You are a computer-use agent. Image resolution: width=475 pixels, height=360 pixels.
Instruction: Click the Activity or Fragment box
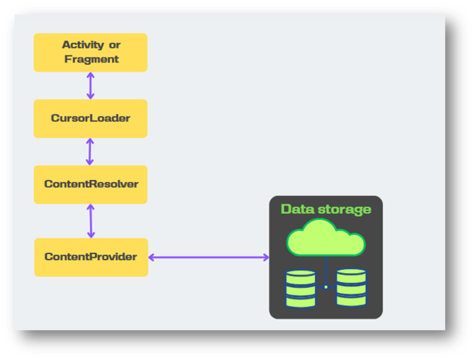click(90, 52)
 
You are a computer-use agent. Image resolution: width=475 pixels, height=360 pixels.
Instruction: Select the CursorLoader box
click(90, 118)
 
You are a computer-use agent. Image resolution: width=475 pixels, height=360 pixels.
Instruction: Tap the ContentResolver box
click(90, 184)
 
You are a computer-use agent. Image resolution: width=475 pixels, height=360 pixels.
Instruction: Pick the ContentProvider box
click(91, 257)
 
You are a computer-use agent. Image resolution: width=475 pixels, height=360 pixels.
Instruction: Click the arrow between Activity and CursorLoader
click(90, 85)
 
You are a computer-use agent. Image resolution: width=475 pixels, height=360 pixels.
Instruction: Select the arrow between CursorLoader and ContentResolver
click(90, 152)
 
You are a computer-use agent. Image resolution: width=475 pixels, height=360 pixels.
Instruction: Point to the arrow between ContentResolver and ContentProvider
click(90, 221)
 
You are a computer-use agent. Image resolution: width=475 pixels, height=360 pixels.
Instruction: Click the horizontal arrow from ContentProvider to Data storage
click(209, 257)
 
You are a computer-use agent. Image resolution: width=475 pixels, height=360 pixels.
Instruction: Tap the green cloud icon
click(326, 238)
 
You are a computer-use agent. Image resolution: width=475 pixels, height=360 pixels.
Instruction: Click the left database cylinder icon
click(300, 289)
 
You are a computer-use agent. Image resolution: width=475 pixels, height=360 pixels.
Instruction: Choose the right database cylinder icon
click(351, 288)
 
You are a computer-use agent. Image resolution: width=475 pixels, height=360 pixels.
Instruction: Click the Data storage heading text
click(326, 209)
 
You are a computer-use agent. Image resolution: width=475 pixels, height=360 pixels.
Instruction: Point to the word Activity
click(83, 45)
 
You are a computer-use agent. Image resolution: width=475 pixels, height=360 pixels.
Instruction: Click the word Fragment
click(91, 59)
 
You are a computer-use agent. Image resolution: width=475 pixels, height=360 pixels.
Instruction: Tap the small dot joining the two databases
click(326, 287)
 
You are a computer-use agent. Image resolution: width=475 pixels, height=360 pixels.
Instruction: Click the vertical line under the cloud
click(326, 269)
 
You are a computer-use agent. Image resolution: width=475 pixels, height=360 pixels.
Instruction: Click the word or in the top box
click(115, 45)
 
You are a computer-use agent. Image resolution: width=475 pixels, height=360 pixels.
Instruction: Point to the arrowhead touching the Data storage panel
click(266, 257)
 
